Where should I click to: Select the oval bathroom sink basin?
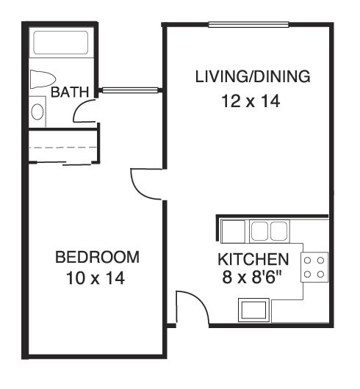pyautogui.click(x=37, y=112)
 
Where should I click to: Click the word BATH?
pyautogui.click(x=71, y=92)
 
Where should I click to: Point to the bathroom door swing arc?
pyautogui.click(x=83, y=110)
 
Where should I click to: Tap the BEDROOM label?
pyautogui.click(x=98, y=258)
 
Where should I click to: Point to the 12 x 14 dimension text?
pyautogui.click(x=251, y=101)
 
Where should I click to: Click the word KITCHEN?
pyautogui.click(x=252, y=260)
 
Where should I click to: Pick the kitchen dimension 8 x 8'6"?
pyautogui.click(x=252, y=277)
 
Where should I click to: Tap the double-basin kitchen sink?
pyautogui.click(x=267, y=231)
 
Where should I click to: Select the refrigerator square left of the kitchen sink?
pyautogui.click(x=233, y=230)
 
